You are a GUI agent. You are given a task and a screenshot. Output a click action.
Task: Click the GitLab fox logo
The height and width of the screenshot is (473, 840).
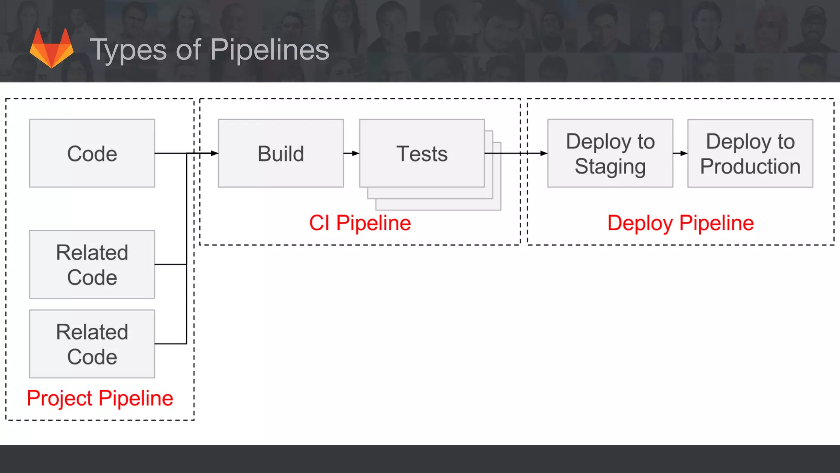(x=52, y=48)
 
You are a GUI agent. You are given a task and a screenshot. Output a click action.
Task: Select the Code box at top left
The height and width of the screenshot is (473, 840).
(x=92, y=153)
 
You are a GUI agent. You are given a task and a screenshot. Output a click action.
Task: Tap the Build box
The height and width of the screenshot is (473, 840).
(x=281, y=153)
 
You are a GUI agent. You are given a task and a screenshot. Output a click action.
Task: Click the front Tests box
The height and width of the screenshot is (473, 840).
(x=422, y=153)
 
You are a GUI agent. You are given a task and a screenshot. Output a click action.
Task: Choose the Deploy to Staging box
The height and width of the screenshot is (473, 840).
(x=610, y=153)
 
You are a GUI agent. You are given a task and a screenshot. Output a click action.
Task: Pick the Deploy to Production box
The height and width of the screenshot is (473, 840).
(x=750, y=153)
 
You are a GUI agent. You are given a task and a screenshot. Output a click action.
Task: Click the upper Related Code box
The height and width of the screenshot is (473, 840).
(x=92, y=264)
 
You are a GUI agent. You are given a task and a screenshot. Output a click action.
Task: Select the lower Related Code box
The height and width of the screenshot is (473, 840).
(x=92, y=344)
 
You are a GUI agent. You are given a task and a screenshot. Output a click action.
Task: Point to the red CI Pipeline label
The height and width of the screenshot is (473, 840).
(x=360, y=223)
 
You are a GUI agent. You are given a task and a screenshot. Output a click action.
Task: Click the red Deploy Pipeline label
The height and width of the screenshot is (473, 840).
(x=680, y=223)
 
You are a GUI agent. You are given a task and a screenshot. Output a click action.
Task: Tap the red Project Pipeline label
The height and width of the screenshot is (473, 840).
(x=100, y=398)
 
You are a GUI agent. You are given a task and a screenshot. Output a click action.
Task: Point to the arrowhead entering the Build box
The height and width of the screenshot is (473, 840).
(x=215, y=153)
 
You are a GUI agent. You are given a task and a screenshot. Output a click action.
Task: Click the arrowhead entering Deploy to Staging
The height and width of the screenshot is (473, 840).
(x=543, y=153)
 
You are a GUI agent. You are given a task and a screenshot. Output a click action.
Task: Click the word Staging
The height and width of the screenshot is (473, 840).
(x=610, y=166)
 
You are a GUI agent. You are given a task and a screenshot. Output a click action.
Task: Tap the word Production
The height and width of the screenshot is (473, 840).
(x=750, y=166)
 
